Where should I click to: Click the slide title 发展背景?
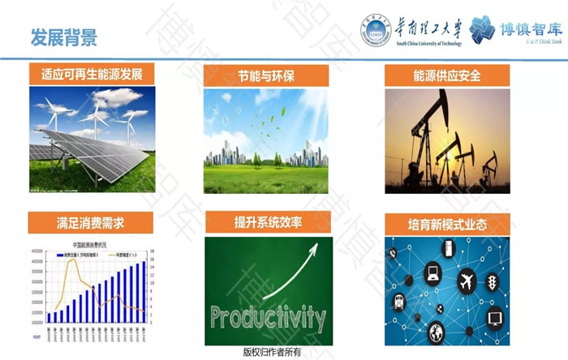(x=63, y=36)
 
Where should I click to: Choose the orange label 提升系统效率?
(x=268, y=222)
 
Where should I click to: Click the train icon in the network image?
(x=399, y=301)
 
